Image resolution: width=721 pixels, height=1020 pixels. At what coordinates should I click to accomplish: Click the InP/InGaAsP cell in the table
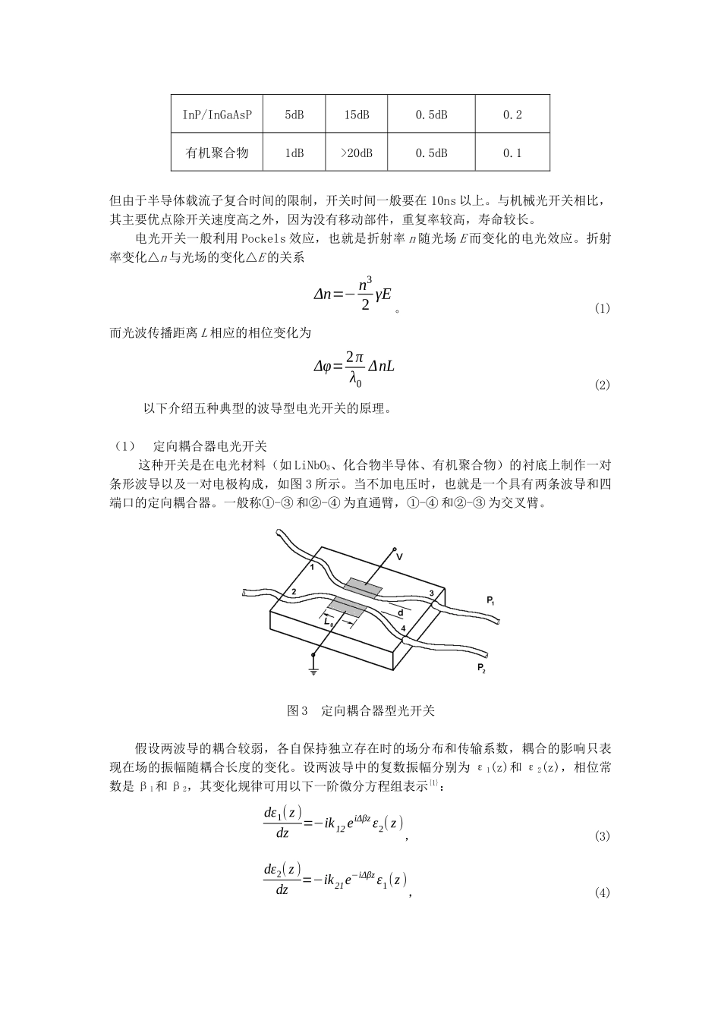pyautogui.click(x=217, y=115)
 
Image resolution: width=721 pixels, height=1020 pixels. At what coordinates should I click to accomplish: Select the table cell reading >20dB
pyautogui.click(x=356, y=153)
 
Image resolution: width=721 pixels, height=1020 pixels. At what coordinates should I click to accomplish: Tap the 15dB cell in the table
pyautogui.click(x=356, y=115)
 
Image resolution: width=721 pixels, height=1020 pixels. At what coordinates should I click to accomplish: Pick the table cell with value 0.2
pyautogui.click(x=512, y=115)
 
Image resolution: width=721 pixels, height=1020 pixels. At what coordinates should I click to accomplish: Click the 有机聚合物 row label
pyautogui.click(x=217, y=153)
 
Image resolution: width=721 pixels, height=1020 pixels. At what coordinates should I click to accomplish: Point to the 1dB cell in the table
pyautogui.click(x=294, y=153)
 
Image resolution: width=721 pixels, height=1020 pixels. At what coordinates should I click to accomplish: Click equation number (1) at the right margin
pyautogui.click(x=602, y=308)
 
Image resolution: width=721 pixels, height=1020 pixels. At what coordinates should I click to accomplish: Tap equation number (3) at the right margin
pyautogui.click(x=602, y=836)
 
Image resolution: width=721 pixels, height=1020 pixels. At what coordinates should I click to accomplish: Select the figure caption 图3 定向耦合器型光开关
pyautogui.click(x=360, y=711)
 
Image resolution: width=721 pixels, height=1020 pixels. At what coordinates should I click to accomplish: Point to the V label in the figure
pyautogui.click(x=399, y=557)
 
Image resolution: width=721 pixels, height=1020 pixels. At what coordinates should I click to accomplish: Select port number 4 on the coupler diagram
pyautogui.click(x=403, y=628)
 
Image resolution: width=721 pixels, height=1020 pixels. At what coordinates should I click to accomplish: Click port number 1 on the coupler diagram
pyautogui.click(x=312, y=568)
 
